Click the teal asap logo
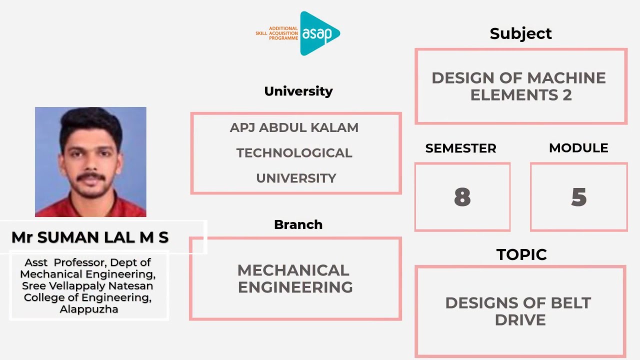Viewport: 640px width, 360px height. pos(319,33)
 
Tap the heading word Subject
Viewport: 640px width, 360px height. pos(520,33)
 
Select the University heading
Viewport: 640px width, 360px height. pos(298,91)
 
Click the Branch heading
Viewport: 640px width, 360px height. pos(298,224)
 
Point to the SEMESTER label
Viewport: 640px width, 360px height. pos(460,148)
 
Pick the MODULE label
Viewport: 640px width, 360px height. pos(578,148)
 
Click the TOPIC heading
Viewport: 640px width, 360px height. pos(521,254)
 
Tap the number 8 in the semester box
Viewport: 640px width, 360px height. pos(462,197)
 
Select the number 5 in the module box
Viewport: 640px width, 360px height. pos(578,197)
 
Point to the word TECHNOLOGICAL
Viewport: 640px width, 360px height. pos(294,153)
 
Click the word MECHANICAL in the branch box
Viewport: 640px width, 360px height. pos(293,270)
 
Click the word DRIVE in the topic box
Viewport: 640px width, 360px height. pos(520,320)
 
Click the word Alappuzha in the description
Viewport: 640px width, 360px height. pos(89,309)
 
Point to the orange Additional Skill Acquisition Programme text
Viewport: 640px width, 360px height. pos(277,33)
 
